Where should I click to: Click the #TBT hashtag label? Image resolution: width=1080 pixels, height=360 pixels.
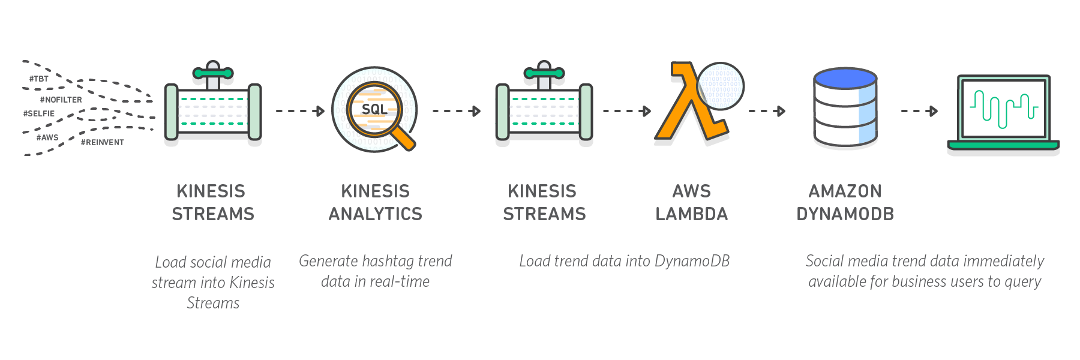coord(39,79)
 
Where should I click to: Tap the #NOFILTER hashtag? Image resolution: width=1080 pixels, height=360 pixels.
coord(61,100)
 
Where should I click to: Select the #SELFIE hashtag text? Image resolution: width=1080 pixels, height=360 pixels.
coord(39,113)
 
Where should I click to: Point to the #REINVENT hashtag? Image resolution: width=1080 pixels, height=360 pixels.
coord(103,142)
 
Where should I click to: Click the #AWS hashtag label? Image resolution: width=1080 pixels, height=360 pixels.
coord(47,137)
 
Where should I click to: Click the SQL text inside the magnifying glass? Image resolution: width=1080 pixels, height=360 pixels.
coord(374,109)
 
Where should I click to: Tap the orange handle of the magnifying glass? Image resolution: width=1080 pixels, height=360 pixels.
coord(403,138)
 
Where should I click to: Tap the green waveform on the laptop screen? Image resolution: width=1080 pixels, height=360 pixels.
coord(1003,109)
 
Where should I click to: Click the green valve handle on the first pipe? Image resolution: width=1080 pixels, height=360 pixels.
coord(212,73)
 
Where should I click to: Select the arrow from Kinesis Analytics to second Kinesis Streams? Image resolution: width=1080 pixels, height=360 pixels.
coord(457,111)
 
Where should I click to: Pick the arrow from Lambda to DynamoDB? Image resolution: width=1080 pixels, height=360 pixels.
coord(767,111)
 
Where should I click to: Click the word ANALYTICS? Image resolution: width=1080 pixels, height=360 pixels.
coord(375,214)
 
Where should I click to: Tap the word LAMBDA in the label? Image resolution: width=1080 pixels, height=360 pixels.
coord(691,214)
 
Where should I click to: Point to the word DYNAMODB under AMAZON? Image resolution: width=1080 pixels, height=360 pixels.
coord(845,214)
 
